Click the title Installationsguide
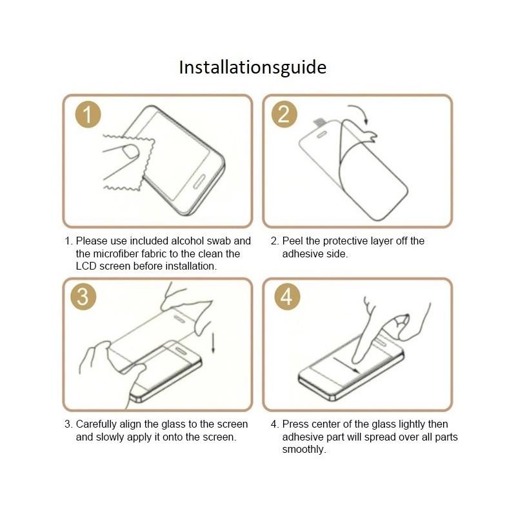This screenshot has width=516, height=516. click(x=253, y=68)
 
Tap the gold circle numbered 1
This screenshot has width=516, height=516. click(x=88, y=115)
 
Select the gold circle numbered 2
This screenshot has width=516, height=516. click(x=284, y=114)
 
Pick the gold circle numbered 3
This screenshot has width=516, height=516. click(x=83, y=297)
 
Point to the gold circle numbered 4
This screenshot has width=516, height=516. click(x=287, y=297)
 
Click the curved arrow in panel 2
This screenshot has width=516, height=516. click(x=361, y=111)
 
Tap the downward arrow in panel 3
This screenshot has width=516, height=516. click(x=213, y=343)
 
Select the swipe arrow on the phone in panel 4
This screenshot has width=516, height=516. click(x=346, y=365)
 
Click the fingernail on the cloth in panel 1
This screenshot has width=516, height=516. click(x=130, y=152)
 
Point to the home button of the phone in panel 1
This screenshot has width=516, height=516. click(x=199, y=181)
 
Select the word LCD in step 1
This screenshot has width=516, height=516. click(x=86, y=266)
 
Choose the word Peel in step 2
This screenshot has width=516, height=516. click(x=293, y=241)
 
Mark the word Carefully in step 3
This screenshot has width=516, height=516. click(x=96, y=424)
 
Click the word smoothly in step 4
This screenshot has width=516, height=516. click(x=304, y=450)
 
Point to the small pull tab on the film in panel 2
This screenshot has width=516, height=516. click(x=319, y=123)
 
